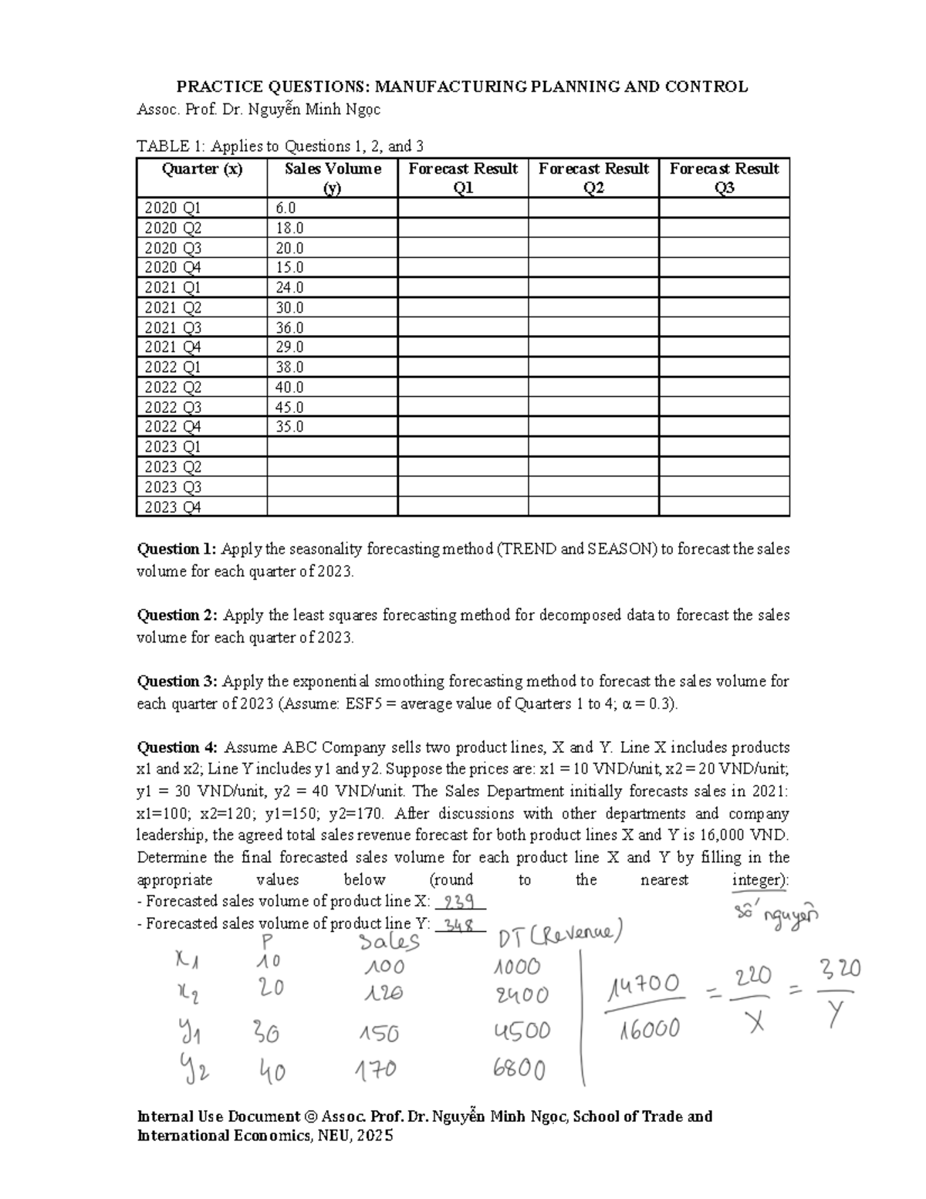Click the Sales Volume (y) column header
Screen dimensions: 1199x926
(332, 178)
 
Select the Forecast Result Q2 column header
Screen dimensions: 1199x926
(593, 178)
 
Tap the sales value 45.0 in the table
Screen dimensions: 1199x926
(289, 407)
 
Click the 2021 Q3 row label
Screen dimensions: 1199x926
(172, 327)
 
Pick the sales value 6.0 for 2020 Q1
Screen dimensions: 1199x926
(285, 208)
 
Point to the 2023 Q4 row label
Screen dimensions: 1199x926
(172, 507)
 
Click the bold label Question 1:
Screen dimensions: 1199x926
(177, 549)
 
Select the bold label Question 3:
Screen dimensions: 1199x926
(177, 681)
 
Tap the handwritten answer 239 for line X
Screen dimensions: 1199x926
(461, 902)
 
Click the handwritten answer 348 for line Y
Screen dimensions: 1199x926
(461, 925)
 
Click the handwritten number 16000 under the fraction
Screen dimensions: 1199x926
(648, 1029)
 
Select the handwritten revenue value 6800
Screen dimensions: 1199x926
(519, 1069)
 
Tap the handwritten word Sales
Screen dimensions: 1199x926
(389, 941)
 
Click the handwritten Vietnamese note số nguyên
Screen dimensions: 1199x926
(776, 913)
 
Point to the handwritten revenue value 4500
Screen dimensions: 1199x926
(521, 1031)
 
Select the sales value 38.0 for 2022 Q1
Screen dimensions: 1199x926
(289, 367)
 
